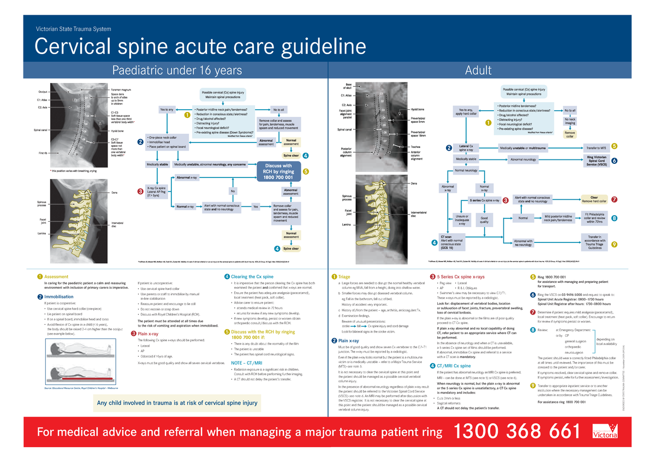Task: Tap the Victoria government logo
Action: click(605, 432)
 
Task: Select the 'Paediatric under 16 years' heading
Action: click(177, 70)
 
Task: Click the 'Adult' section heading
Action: click(478, 70)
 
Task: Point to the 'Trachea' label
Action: click(417, 147)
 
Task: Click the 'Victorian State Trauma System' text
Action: click(73, 29)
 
